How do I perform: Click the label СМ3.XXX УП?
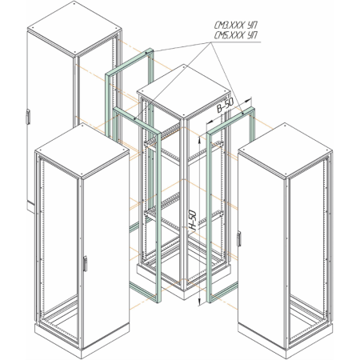(236, 26)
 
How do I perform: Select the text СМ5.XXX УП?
(236, 35)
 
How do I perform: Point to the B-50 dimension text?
(226, 105)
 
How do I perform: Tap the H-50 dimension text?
(193, 220)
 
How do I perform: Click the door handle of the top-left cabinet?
(27, 117)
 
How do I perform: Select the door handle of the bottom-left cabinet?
(85, 264)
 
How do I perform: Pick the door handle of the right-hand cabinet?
(239, 238)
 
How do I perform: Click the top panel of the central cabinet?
(184, 90)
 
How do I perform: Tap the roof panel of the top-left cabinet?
(74, 28)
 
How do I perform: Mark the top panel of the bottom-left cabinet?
(82, 150)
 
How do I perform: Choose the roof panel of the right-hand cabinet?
(285, 150)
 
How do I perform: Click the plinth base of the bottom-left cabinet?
(82, 340)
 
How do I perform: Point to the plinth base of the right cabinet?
(286, 340)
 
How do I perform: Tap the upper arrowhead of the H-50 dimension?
(200, 140)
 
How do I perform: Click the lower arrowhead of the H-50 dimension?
(200, 302)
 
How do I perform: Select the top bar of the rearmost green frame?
(130, 62)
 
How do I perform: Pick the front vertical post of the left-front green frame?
(158, 218)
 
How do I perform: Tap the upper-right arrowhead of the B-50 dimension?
(249, 100)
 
